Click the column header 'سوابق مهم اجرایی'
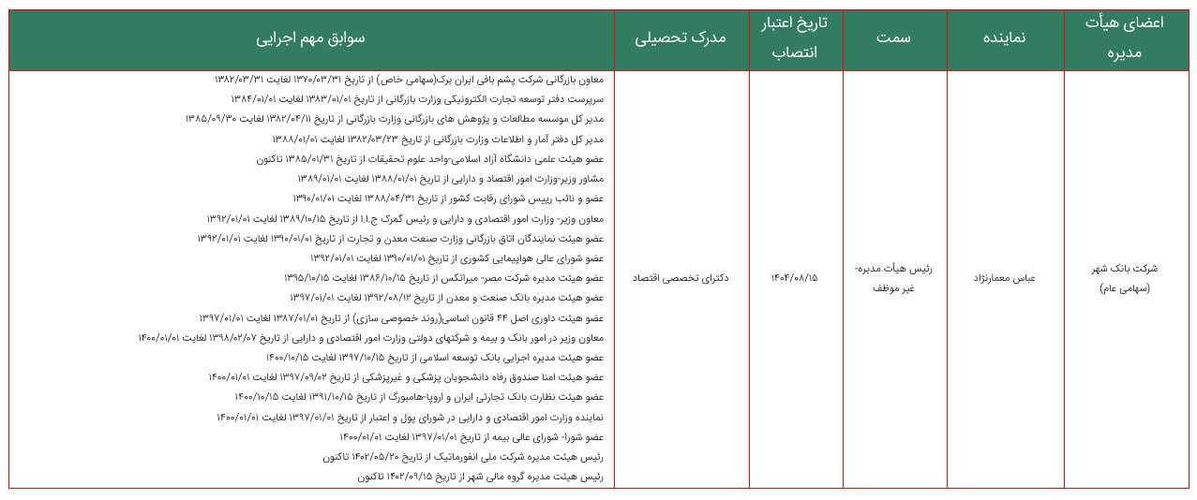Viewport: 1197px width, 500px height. tap(311, 39)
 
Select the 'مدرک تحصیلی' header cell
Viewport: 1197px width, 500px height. tap(681, 39)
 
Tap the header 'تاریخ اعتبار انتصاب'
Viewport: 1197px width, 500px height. tap(795, 39)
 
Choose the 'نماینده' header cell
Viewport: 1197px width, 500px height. tap(1004, 39)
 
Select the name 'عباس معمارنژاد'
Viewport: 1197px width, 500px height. tap(1004, 278)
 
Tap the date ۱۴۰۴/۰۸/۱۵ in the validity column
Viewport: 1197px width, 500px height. tap(795, 278)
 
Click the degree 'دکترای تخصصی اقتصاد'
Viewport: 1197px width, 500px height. tap(681, 278)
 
